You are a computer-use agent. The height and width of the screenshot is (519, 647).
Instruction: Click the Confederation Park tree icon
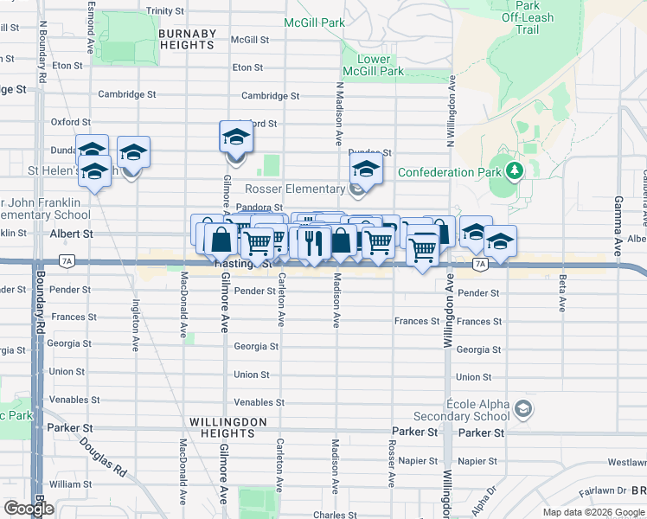point(516,170)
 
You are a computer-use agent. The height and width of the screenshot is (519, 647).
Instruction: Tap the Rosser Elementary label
point(295,189)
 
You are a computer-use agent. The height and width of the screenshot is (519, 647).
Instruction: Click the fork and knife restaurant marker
point(312,242)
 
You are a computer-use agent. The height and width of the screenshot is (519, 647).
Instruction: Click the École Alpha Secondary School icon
point(522,407)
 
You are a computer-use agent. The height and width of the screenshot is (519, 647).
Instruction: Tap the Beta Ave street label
point(562,293)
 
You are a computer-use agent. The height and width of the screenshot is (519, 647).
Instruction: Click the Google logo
point(29,509)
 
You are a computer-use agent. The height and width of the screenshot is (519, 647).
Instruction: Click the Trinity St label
point(165,11)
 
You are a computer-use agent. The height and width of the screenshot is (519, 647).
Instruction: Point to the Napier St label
point(478,461)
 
